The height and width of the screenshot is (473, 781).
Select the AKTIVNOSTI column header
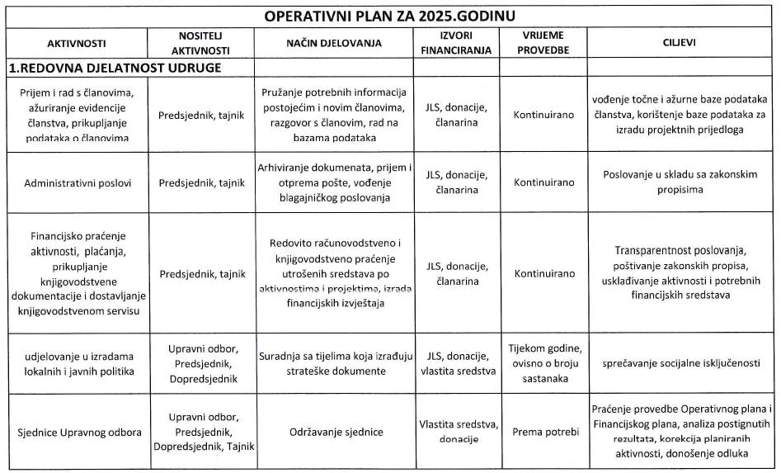point(77,43)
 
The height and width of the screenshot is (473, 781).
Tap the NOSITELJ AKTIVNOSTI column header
point(201,43)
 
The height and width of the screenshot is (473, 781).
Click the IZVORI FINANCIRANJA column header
point(456,43)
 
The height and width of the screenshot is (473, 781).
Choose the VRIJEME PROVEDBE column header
point(543,43)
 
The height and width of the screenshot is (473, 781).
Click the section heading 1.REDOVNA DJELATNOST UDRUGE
point(115,68)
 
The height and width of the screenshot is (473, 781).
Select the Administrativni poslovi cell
point(77,183)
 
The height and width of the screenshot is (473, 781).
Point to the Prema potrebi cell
point(543,432)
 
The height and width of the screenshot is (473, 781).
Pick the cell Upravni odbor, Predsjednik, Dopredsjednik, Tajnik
point(202,432)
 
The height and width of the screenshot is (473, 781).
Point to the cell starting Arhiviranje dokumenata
point(334,182)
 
